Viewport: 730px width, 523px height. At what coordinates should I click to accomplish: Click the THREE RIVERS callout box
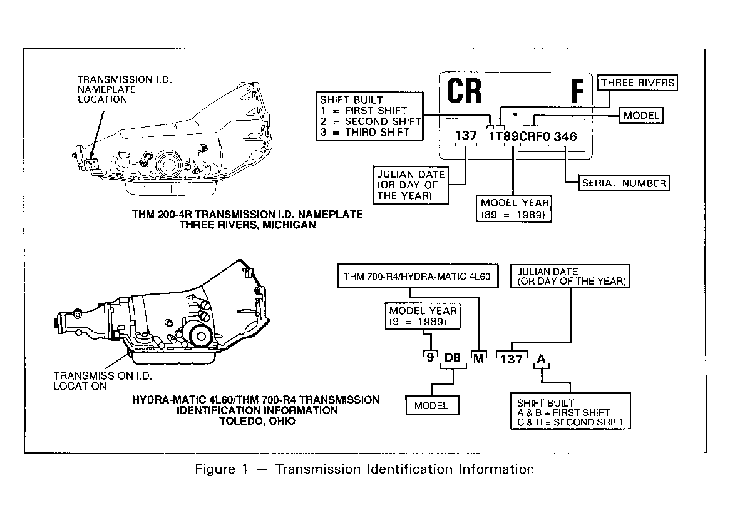point(637,83)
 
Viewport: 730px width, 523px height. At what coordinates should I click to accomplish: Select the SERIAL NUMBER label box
point(624,183)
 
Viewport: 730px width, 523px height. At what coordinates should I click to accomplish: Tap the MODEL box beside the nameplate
point(641,115)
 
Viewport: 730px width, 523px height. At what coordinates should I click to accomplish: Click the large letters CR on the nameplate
point(464,91)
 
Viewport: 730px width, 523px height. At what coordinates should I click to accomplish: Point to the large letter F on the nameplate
point(577,91)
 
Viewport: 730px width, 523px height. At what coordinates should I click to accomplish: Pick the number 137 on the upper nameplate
point(466,135)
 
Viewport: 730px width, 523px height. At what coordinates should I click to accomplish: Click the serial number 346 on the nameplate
point(565,136)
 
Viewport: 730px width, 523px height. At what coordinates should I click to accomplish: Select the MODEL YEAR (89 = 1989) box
point(514,209)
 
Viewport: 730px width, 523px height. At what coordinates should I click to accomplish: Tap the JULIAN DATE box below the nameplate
point(411,185)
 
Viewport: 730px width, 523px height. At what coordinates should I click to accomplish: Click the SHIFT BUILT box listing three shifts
point(369,116)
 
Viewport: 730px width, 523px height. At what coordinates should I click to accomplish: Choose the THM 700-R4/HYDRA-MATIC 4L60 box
point(417,277)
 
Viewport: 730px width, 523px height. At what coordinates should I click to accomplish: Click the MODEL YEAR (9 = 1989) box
point(423,316)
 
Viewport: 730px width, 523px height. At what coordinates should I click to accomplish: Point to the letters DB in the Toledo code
point(453,357)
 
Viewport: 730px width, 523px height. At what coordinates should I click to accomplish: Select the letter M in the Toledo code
point(478,358)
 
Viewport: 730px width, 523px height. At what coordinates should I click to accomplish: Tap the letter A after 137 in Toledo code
point(541,358)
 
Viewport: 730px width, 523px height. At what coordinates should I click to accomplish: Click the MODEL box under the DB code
point(432,405)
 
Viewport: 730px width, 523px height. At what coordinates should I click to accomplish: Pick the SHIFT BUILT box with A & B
point(570,411)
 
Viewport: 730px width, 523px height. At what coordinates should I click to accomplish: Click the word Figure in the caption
point(215,469)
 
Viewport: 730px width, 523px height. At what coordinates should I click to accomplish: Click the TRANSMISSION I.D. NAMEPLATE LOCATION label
point(125,89)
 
